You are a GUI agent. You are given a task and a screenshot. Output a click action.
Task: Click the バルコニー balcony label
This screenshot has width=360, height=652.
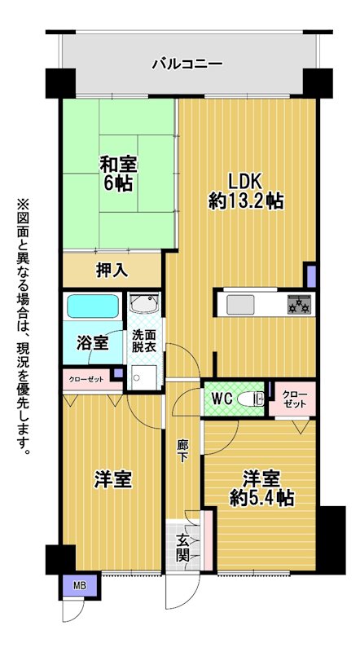(x=187, y=64)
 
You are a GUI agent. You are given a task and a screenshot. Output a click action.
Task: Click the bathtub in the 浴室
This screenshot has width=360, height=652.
(x=93, y=306)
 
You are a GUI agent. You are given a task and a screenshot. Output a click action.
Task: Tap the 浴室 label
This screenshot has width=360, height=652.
(x=93, y=343)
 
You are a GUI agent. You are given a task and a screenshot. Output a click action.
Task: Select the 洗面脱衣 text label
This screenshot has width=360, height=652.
(x=144, y=341)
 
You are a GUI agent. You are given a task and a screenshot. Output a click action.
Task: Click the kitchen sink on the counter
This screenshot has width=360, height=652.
(x=240, y=305)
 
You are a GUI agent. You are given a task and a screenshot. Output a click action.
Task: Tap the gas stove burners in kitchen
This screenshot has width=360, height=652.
(x=299, y=304)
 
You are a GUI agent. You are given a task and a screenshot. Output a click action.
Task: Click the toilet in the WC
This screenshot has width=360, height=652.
(x=251, y=399)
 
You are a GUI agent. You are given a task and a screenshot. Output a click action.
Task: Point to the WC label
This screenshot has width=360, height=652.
(x=222, y=399)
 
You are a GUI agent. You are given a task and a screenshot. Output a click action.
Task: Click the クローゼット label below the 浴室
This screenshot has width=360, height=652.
(x=86, y=379)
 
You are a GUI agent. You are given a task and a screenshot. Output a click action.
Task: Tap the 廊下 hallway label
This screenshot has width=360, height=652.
(x=182, y=451)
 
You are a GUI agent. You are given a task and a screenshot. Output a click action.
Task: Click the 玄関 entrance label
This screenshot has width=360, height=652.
(x=183, y=548)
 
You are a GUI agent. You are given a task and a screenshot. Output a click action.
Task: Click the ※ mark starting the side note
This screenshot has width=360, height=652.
(x=22, y=205)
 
